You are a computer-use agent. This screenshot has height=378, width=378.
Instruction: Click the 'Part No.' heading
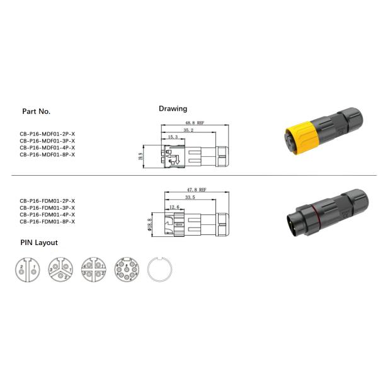click(x=36, y=111)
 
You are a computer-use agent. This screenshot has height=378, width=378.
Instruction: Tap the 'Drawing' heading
click(x=173, y=108)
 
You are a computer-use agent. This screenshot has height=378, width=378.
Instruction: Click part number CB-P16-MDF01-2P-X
click(x=47, y=134)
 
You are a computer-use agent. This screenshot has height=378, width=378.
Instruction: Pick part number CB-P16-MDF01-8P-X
click(x=47, y=154)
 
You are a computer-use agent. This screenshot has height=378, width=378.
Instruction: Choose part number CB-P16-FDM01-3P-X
click(x=47, y=207)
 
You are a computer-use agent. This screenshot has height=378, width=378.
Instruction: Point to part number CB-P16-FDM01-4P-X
click(x=47, y=215)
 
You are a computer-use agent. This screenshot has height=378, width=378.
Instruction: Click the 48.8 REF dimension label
click(x=193, y=123)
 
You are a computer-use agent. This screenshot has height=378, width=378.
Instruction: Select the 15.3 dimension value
click(x=173, y=137)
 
